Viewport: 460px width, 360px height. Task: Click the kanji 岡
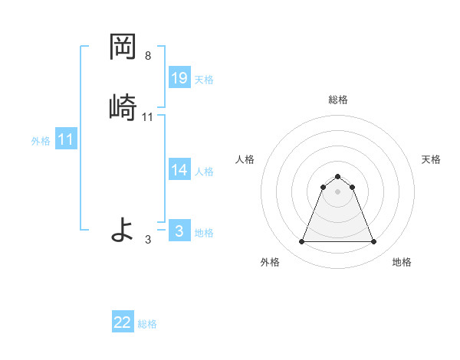[123, 48]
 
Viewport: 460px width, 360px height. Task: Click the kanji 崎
[123, 106]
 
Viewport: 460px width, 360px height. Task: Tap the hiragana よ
[123, 229]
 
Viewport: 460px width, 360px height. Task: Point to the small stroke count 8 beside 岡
[148, 56]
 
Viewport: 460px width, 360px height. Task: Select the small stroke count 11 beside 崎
[148, 117]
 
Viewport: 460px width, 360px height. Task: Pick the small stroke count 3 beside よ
[148, 240]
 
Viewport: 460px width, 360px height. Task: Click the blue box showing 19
[179, 78]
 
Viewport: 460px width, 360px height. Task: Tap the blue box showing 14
[179, 170]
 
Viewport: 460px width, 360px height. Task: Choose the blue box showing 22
[123, 322]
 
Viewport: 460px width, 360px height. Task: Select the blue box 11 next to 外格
[66, 139]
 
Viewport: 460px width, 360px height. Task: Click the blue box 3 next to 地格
[179, 231]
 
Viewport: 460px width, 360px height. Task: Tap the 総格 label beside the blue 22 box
[147, 324]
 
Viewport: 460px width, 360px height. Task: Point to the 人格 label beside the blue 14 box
[204, 172]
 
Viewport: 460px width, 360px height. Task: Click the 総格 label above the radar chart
[337, 100]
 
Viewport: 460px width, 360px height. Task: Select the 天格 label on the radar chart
[431, 159]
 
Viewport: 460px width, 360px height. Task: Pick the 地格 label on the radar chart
[402, 262]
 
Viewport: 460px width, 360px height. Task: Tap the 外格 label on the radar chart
[270, 262]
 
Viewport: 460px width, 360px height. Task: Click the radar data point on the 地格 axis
[373, 242]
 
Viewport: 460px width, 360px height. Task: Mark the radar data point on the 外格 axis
[301, 242]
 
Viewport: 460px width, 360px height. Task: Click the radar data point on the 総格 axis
[337, 176]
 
